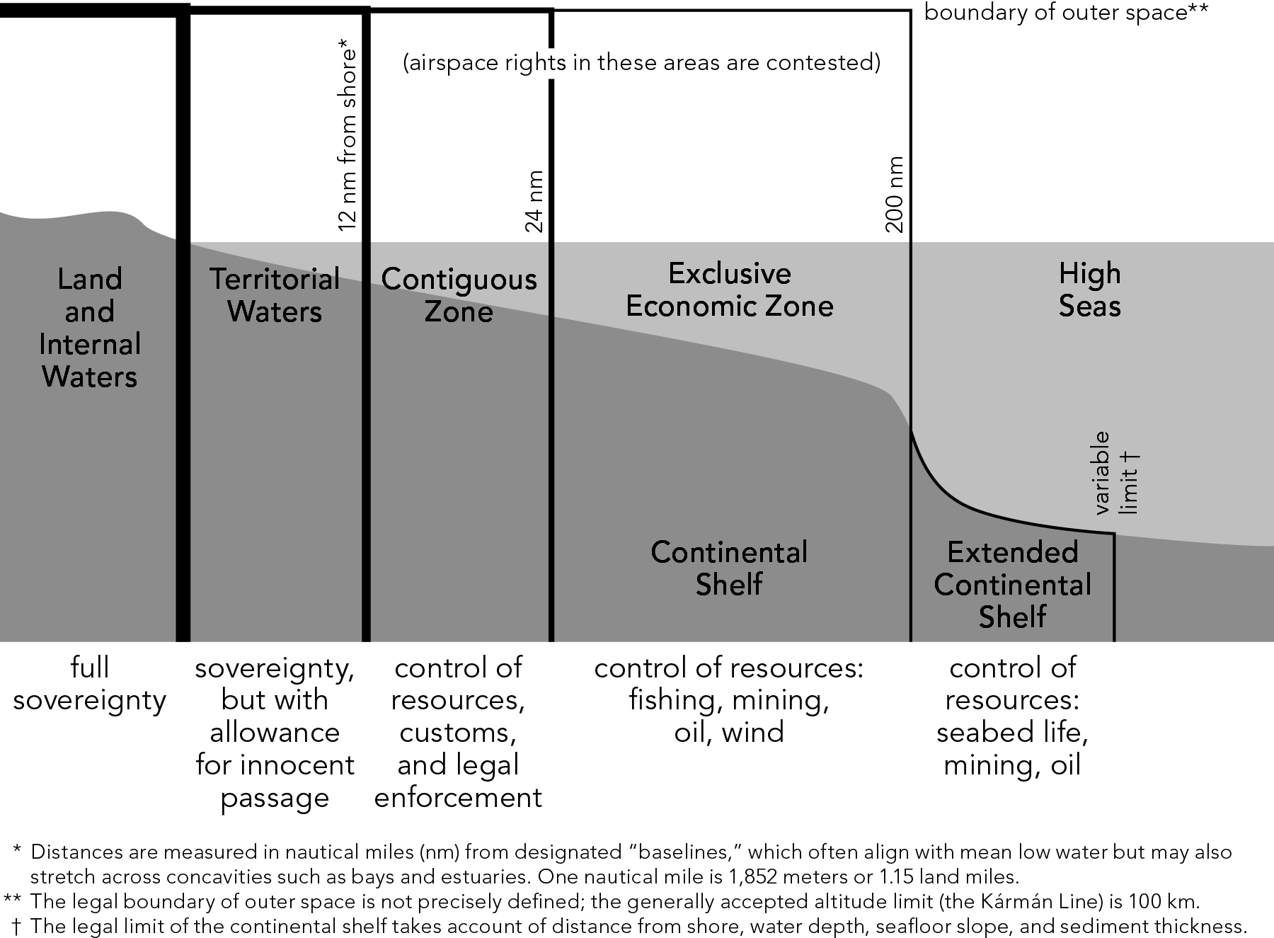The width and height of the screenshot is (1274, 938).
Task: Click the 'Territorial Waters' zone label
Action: click(x=275, y=295)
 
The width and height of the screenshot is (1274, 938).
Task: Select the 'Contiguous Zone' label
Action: click(x=459, y=295)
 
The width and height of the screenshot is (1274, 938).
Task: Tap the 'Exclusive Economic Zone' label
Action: click(x=729, y=290)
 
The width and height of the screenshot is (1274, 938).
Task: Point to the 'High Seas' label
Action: click(x=1089, y=290)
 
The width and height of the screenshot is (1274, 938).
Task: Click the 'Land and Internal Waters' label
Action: click(x=89, y=327)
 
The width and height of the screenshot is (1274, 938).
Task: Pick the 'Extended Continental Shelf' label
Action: click(x=1012, y=584)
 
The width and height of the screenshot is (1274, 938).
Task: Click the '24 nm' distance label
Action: click(x=535, y=202)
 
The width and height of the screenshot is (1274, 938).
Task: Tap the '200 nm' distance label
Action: click(x=895, y=195)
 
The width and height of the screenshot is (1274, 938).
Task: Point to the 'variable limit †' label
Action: click(x=1115, y=473)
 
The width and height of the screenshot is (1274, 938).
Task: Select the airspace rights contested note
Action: click(x=641, y=62)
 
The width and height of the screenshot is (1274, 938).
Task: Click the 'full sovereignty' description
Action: click(x=89, y=683)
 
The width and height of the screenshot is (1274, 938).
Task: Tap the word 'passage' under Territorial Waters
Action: click(x=275, y=798)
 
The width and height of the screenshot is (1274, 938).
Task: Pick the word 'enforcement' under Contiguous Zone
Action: click(x=458, y=797)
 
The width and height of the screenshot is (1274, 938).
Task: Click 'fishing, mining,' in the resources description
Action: click(x=729, y=699)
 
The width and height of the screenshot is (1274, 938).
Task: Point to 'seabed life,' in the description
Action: click(x=1012, y=732)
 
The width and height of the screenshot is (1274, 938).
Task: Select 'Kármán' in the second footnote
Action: click(x=960, y=902)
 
